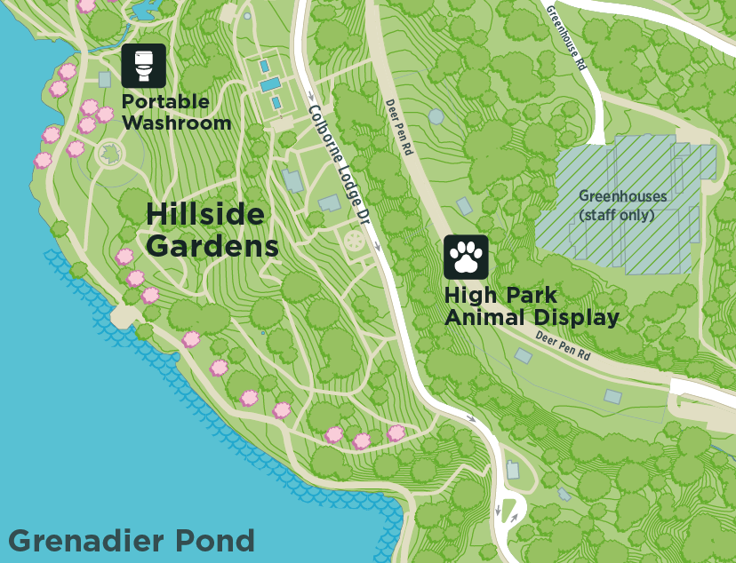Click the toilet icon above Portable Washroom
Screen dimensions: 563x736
[x=144, y=66]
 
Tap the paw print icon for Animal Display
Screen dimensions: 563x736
[x=466, y=258]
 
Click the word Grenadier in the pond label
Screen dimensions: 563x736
[x=79, y=540]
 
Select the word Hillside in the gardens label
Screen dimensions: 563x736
[x=205, y=215]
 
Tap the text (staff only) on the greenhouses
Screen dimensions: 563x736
[x=621, y=215]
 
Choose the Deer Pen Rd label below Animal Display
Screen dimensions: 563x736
[x=563, y=345]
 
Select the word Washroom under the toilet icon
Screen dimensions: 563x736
[x=176, y=123]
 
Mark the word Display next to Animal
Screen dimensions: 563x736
[x=575, y=318]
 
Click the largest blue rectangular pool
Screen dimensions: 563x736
[x=269, y=84]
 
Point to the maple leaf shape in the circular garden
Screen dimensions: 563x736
[x=109, y=154]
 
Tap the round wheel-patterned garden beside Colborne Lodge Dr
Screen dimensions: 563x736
[x=355, y=241]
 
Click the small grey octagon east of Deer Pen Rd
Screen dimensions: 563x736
[x=436, y=116]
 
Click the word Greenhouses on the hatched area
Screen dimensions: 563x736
[x=622, y=195]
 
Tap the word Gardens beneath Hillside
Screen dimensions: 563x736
[x=212, y=245]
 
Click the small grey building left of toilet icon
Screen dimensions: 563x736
[x=105, y=79]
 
